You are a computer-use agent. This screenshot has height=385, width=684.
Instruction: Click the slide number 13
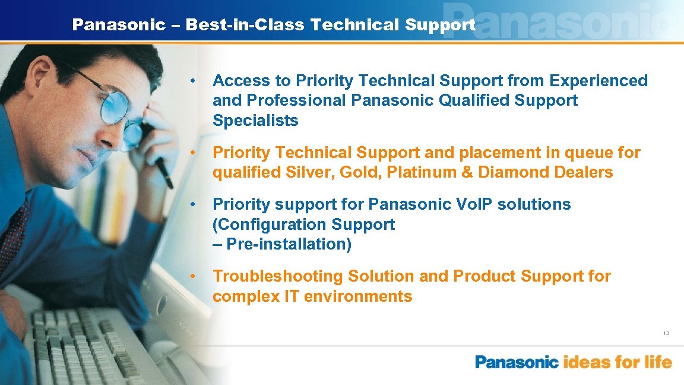pyautogui.click(x=666, y=333)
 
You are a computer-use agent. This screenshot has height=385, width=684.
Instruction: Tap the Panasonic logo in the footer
pyautogui.click(x=517, y=362)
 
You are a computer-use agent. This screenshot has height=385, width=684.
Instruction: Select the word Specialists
pyautogui.click(x=255, y=121)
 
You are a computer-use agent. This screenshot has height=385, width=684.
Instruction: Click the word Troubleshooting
pyautogui.click(x=278, y=276)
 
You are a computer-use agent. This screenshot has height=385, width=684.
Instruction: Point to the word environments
pyautogui.click(x=359, y=296)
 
